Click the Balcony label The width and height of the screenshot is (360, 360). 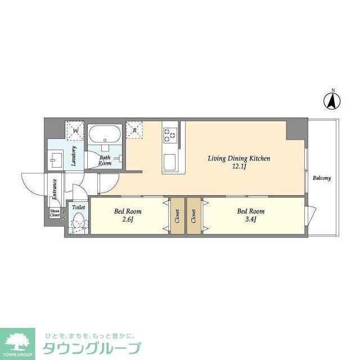pos(322,178)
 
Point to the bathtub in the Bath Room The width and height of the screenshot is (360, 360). pos(105,136)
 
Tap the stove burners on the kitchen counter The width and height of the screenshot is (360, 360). pos(170,134)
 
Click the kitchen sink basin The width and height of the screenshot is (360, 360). pos(170,162)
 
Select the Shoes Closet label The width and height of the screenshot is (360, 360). pos(55,213)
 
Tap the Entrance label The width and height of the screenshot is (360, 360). pos(55,189)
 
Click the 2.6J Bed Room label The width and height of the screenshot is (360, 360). pos(128,215)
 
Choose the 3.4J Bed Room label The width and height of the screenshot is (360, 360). pos(250,215)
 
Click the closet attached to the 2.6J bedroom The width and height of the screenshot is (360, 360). pos(177,216)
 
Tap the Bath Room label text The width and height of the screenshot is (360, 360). pos(105,160)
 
